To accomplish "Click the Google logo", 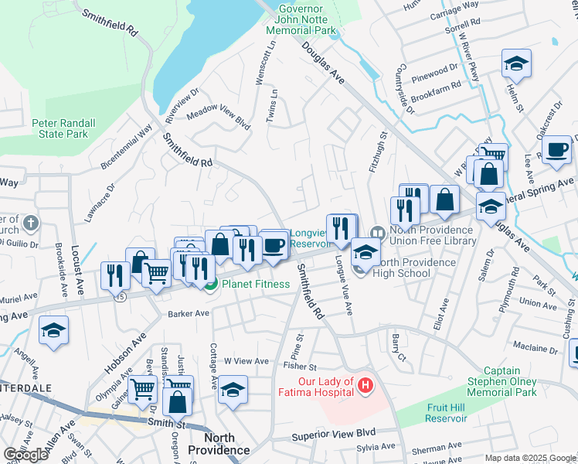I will pos(25,455).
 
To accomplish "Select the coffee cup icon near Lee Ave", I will pos(556,149).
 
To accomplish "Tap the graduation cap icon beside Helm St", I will pos(516,63).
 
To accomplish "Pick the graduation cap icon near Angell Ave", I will pos(53,330).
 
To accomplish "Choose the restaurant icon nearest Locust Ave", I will pos(115,275).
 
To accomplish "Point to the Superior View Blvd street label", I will pos(333,435).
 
